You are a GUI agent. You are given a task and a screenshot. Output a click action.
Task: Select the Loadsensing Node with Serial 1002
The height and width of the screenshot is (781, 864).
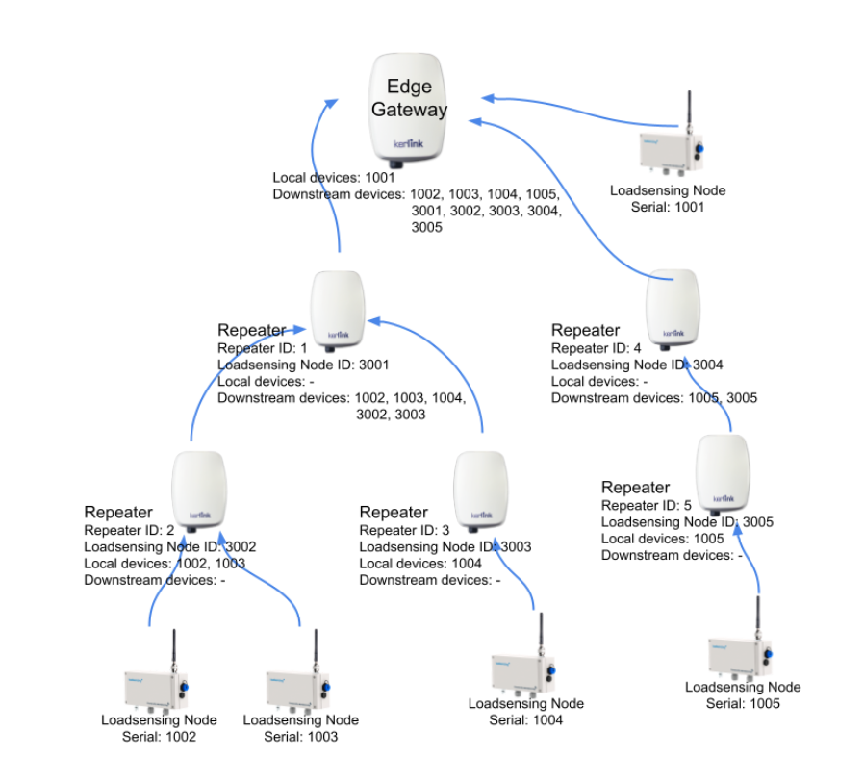154,687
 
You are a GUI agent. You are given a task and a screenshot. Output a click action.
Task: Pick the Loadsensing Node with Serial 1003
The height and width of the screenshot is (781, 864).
296,687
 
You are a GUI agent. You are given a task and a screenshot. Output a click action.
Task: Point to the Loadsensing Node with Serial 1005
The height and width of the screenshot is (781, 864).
741,653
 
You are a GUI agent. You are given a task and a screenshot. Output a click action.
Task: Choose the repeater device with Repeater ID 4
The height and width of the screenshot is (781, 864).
673,305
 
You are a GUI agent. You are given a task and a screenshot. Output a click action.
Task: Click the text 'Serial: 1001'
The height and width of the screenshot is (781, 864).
668,207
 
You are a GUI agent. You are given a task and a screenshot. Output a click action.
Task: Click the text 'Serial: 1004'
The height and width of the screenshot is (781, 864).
525,719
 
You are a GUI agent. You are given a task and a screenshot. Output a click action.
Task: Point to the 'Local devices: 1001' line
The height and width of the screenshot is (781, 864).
334,178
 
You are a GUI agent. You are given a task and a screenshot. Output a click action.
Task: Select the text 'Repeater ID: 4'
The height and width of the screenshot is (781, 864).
596,348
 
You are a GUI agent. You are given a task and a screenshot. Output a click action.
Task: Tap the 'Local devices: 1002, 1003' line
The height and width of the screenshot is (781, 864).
165,564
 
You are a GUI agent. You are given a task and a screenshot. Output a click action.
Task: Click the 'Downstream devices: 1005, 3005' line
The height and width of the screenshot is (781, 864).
655,397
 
